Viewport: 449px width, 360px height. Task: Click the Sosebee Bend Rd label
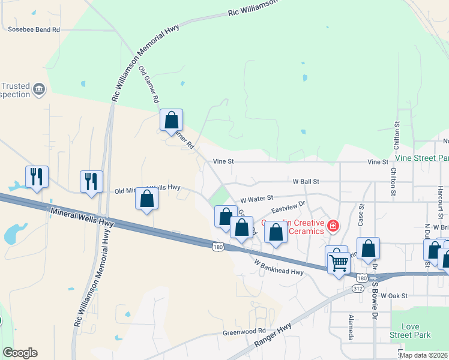[34, 29]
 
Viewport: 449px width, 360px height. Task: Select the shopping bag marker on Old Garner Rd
[171, 121]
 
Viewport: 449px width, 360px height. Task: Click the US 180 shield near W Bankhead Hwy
[218, 246]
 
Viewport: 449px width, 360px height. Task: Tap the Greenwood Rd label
[244, 331]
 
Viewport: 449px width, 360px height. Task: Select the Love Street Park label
[410, 330]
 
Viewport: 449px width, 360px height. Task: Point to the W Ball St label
[306, 181]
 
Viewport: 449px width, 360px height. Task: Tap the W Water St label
[256, 197]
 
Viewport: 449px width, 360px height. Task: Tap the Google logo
[20, 353]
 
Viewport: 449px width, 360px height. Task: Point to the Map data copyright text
[424, 355]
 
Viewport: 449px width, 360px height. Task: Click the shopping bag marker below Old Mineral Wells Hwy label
[147, 199]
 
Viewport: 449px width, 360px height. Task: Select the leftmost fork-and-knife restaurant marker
[37, 177]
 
